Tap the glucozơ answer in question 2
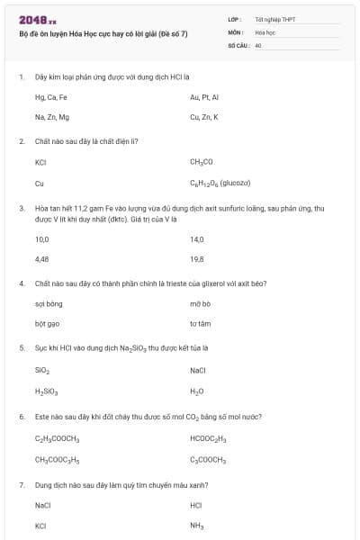point(213,183)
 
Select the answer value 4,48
point(41,259)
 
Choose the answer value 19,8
point(197,259)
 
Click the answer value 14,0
point(197,239)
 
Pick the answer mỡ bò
point(200,304)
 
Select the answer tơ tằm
point(200,324)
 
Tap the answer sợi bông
point(49,304)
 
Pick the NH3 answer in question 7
point(197,526)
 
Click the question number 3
point(21,208)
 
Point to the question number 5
point(21,347)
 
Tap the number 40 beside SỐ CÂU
point(257,44)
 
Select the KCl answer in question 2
point(40,162)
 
